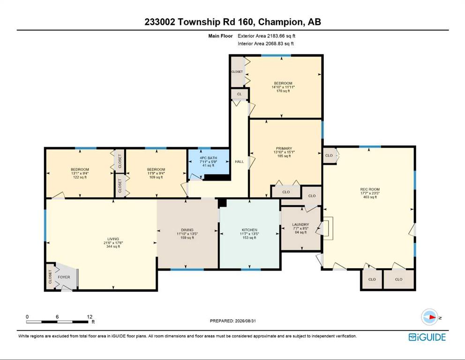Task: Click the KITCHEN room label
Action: tap(249, 230)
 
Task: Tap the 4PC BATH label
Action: tap(208, 158)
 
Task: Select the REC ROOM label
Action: tap(370, 189)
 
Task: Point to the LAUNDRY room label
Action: tap(300, 225)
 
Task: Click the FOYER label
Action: tap(64, 277)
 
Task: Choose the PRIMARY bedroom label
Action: tap(284, 149)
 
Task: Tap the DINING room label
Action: tap(187, 230)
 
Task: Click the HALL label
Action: tap(240, 162)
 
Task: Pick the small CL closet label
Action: tap(240, 94)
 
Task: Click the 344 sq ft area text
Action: tap(113, 247)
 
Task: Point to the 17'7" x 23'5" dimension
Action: tap(370, 193)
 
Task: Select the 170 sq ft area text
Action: tap(283, 91)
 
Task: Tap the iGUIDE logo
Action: tap(427, 337)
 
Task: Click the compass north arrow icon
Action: tap(429, 317)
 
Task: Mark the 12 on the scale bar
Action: tap(90, 317)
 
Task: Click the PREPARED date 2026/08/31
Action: tap(245, 321)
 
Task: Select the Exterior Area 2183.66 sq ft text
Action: tap(266, 36)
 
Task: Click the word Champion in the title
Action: tap(281, 22)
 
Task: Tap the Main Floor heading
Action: tap(220, 36)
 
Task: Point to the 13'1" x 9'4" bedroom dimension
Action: tap(80, 173)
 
